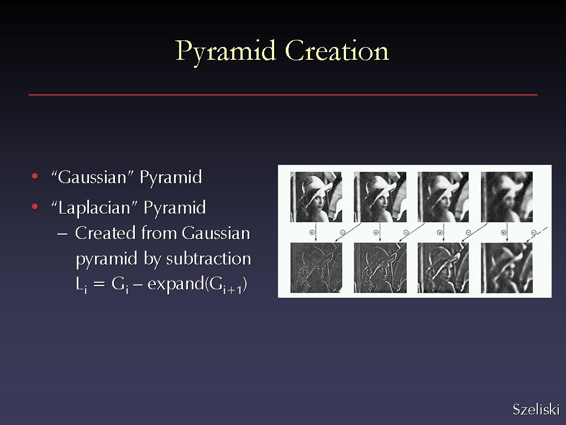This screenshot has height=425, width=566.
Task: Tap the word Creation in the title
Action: (337, 50)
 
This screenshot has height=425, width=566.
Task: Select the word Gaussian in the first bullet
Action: (92, 178)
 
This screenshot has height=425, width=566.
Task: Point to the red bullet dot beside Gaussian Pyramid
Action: (35, 177)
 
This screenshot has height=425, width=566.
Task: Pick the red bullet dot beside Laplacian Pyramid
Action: (35, 207)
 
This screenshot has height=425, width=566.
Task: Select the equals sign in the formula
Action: (99, 284)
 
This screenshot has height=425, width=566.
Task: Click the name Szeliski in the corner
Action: (536, 410)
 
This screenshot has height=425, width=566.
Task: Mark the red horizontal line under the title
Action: (283, 95)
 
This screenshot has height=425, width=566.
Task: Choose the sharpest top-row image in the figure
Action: (316, 197)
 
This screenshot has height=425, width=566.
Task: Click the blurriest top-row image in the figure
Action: (507, 197)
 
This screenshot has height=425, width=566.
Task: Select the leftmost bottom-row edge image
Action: (316, 267)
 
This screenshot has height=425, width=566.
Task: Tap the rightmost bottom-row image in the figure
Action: (507, 267)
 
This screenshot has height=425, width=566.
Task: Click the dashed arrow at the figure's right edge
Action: (537, 235)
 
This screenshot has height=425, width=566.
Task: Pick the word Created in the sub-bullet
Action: (106, 234)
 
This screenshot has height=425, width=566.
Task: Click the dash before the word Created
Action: (62, 234)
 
